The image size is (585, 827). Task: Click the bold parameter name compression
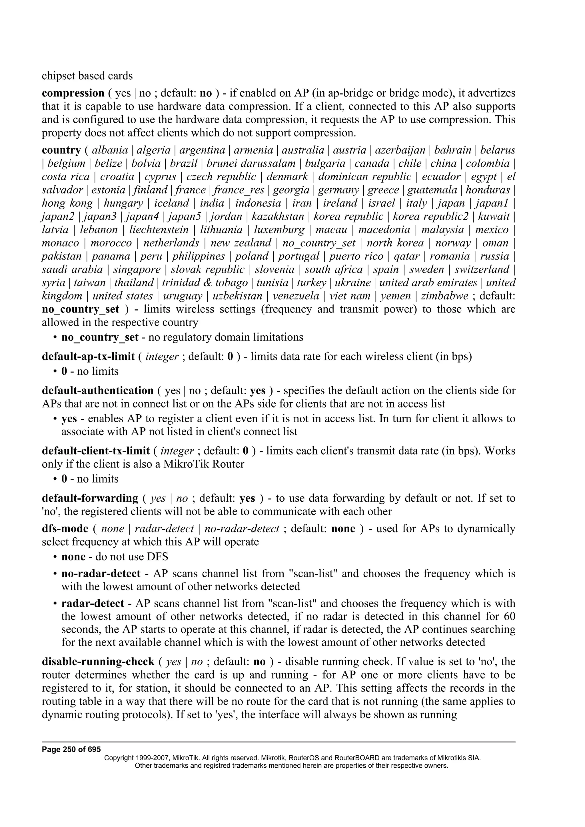73,93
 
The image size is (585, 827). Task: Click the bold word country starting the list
61,150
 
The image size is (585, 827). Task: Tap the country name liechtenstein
159,230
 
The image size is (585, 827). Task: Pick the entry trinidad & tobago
205,283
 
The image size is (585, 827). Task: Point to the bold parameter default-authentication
98,391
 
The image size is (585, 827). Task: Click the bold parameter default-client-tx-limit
95,451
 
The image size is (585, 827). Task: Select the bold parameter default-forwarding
90,499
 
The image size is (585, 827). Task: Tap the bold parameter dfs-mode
65,529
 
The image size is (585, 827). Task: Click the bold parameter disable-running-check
98,662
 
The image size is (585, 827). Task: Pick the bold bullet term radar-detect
92,603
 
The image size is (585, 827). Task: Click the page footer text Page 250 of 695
71,750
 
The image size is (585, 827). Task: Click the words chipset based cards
87,76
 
